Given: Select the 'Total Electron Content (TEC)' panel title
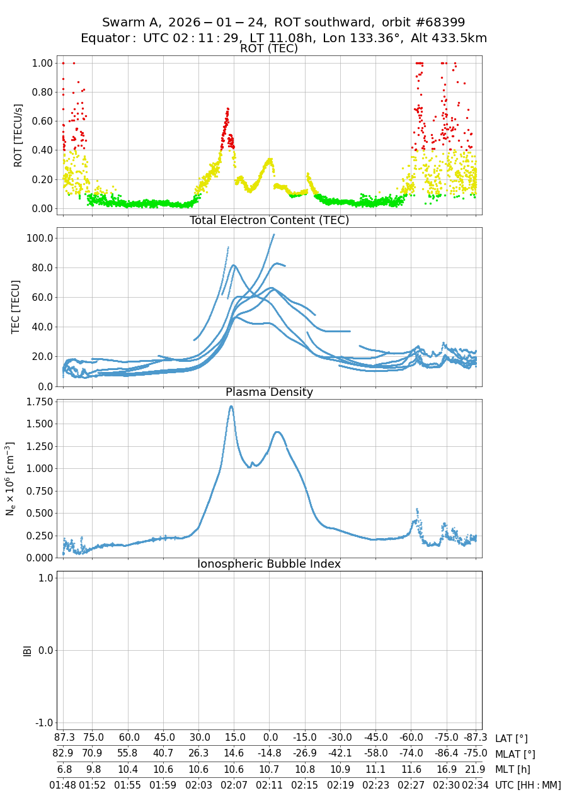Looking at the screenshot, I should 269,220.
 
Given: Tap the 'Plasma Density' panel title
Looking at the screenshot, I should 269,392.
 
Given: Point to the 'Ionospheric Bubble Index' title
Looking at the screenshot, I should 269,564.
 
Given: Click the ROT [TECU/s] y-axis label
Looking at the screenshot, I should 18,135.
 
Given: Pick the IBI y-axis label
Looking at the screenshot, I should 27,650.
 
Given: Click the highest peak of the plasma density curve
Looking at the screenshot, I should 231,407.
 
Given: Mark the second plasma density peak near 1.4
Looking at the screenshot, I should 277,432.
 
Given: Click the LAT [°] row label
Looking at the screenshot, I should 511,739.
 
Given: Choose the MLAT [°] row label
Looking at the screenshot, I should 515,754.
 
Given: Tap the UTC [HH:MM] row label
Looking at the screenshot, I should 528,785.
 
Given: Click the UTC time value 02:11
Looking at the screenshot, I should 270,785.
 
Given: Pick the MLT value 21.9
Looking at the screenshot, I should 475,769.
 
